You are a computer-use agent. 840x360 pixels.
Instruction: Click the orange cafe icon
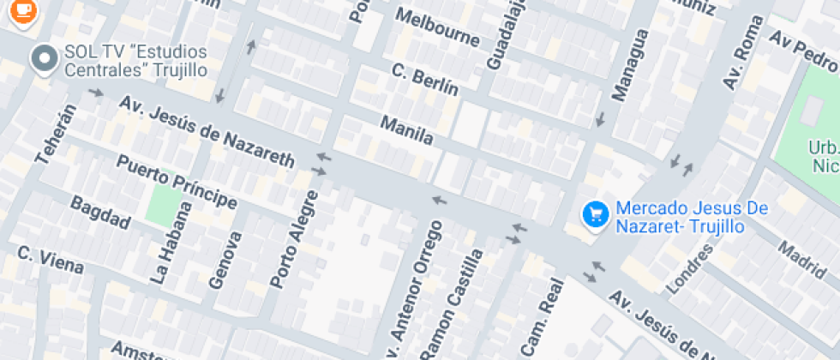[x=23, y=10]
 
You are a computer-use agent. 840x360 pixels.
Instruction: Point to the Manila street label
[x=407, y=131]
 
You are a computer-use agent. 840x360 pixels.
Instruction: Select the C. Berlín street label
[x=424, y=80]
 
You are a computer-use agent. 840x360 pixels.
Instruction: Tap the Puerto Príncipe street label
[x=177, y=182]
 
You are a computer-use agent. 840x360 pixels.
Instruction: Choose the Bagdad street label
[x=100, y=213]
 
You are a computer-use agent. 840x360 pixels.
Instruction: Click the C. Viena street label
[x=51, y=260]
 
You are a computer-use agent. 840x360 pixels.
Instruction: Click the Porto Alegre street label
[x=294, y=239]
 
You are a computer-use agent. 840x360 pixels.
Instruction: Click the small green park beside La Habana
[x=165, y=205]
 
